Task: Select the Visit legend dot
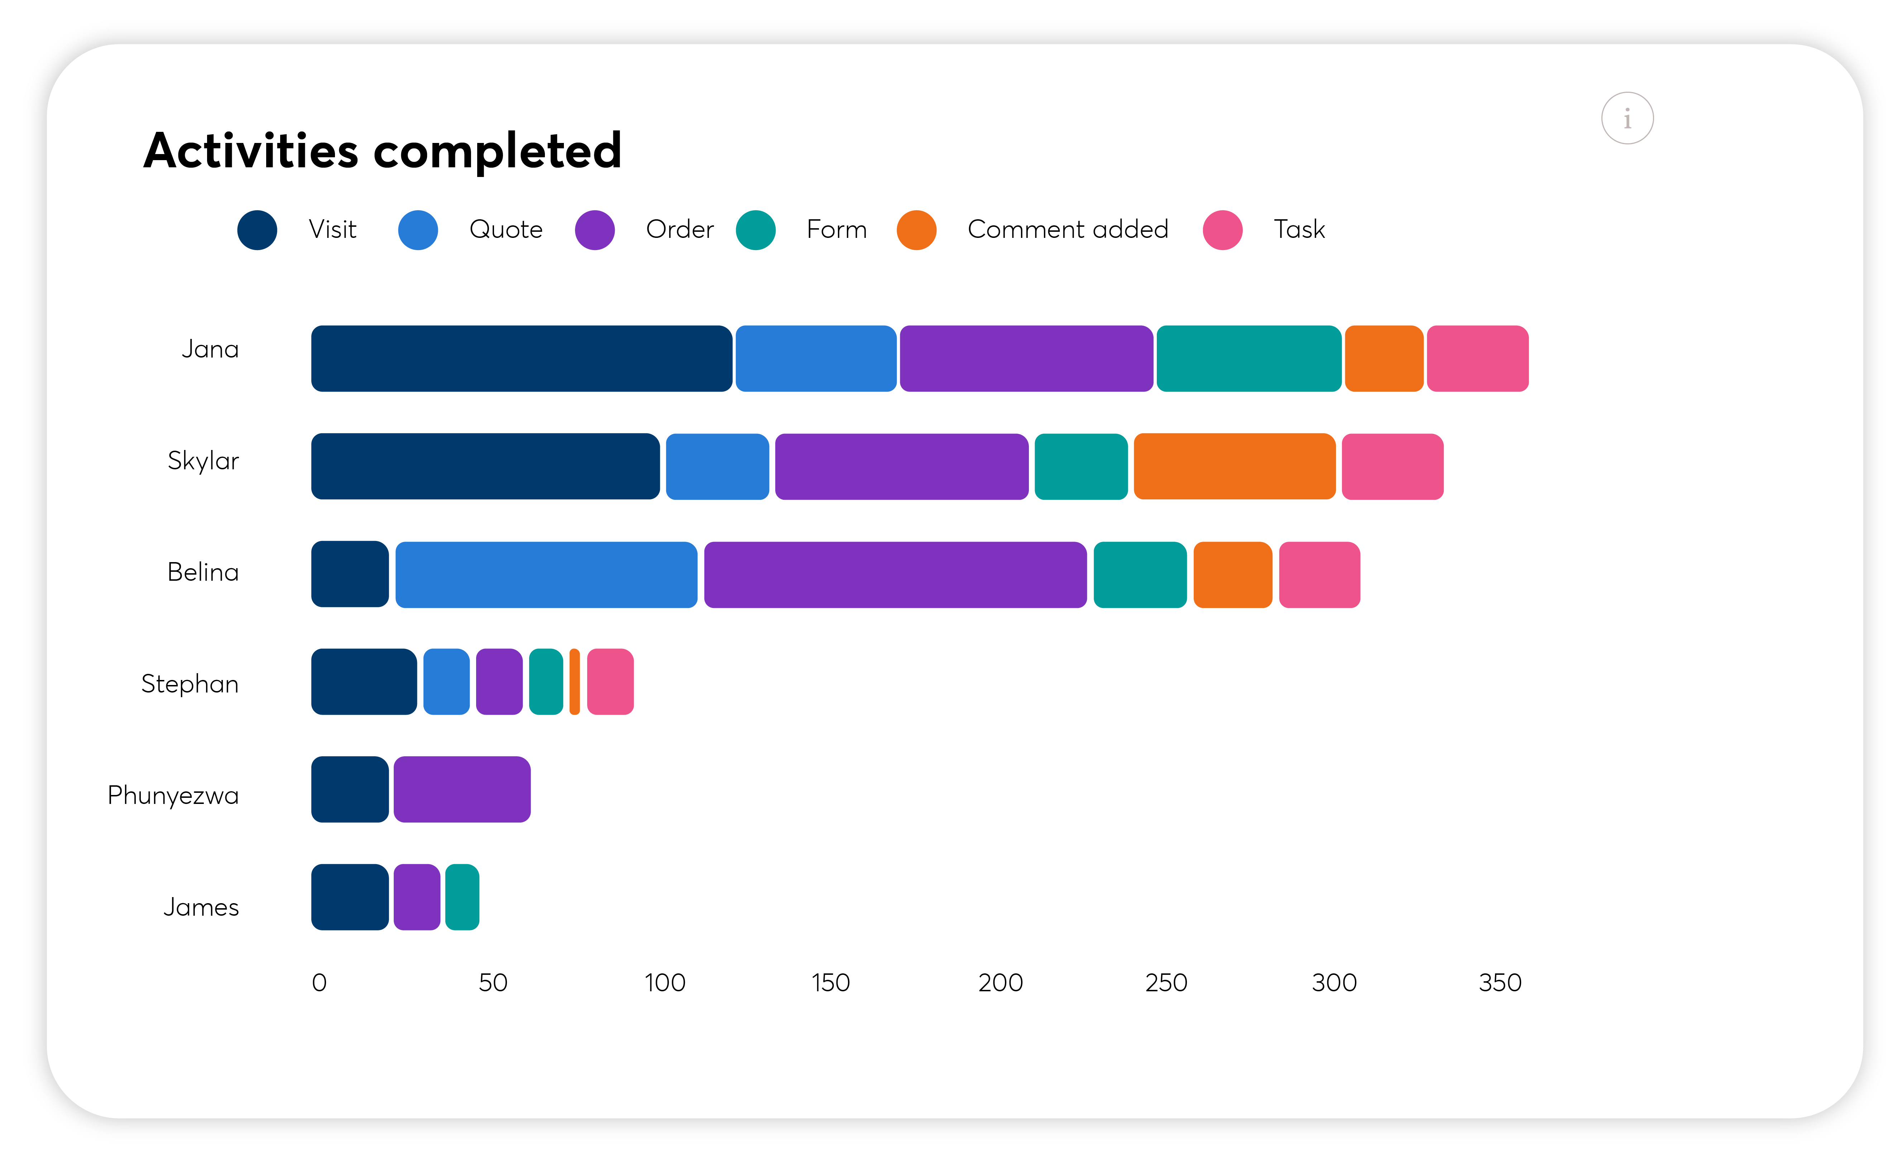(257, 230)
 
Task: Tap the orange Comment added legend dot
(916, 230)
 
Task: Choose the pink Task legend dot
(1222, 230)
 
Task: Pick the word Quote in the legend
(505, 230)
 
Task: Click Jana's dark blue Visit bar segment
(521, 359)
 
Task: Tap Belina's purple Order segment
(895, 575)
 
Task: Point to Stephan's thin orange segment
(575, 681)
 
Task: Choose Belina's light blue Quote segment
(546, 575)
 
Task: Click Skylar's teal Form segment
(1081, 466)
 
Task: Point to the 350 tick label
(1500, 983)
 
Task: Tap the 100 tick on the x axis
(665, 983)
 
